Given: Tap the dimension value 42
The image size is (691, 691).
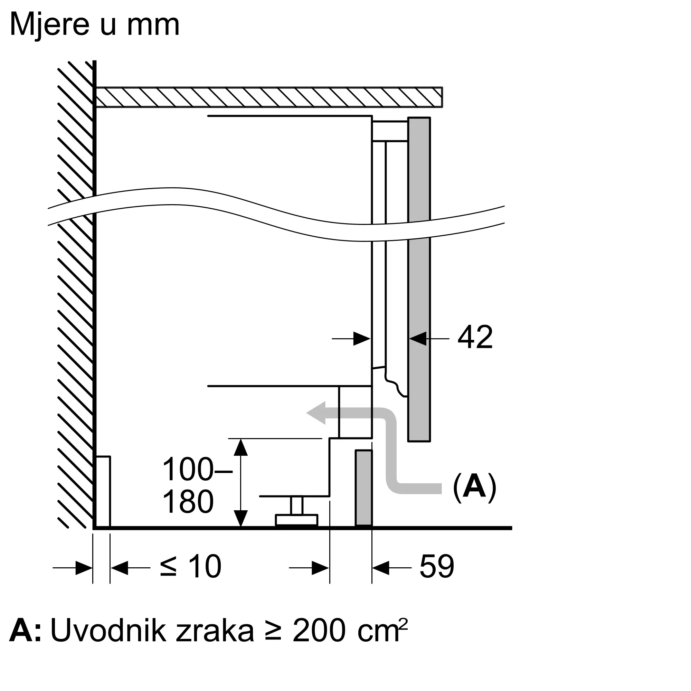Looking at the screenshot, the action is [475, 337].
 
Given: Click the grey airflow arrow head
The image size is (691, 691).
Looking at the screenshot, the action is [316, 413].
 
